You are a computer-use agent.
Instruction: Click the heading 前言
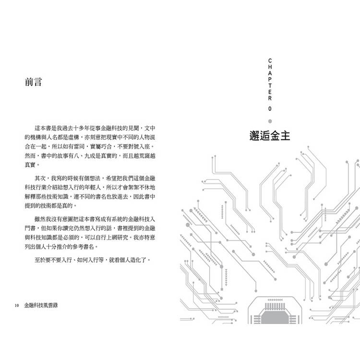click(34, 82)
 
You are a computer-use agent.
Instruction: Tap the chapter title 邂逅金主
click(270, 136)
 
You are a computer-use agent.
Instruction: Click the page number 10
click(17, 306)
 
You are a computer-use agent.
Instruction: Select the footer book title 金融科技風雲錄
click(41, 305)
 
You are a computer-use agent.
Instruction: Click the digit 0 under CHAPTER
click(270, 109)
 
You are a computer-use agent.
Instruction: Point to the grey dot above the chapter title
click(270, 121)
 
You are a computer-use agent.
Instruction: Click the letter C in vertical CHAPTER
click(270, 61)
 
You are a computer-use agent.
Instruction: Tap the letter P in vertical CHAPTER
click(270, 79)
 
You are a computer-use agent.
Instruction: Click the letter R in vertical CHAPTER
click(270, 98)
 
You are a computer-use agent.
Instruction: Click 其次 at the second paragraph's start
click(40, 178)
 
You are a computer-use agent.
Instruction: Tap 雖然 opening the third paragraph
click(40, 219)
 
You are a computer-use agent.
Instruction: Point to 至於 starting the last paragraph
click(40, 260)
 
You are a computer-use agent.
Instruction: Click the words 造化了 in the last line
click(138, 260)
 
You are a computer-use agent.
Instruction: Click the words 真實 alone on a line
click(30, 165)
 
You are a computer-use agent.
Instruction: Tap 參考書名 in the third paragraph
click(84, 247)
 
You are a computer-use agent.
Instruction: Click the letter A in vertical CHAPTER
click(270, 73)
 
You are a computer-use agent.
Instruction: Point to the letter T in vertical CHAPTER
click(270, 85)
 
